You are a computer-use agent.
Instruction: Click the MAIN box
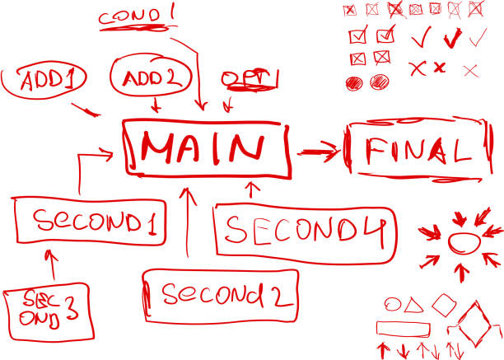208,148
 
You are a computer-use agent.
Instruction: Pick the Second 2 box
219,295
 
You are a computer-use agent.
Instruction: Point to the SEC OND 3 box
46,312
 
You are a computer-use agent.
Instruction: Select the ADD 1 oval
45,81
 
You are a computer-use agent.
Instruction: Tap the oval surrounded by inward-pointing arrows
464,243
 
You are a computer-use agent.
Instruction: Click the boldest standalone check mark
451,38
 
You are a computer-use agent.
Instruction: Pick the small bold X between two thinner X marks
439,67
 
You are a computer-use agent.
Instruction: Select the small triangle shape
415,305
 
